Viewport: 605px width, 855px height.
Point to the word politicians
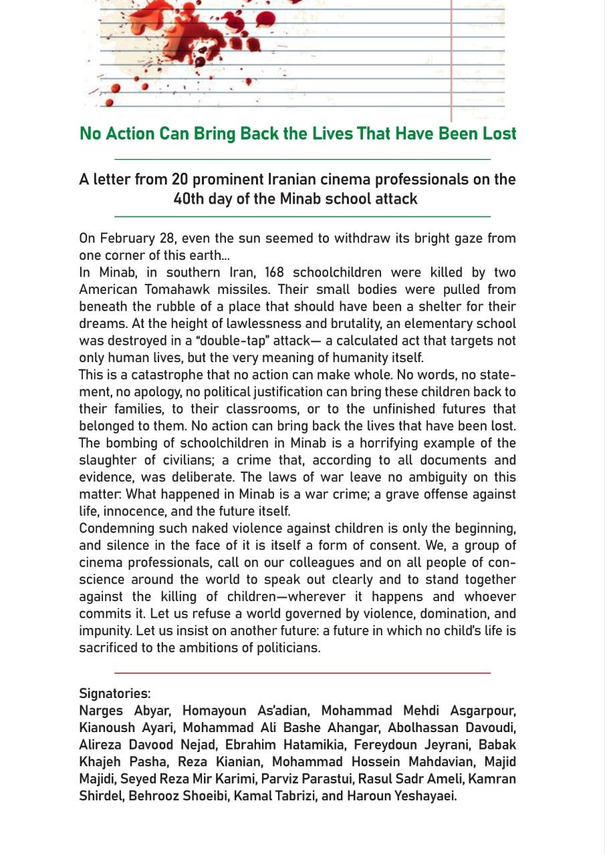click(x=282, y=648)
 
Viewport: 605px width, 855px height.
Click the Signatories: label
click(x=115, y=693)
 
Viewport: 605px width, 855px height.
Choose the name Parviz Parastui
click(x=304, y=779)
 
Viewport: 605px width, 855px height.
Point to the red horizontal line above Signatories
click(x=302, y=673)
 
